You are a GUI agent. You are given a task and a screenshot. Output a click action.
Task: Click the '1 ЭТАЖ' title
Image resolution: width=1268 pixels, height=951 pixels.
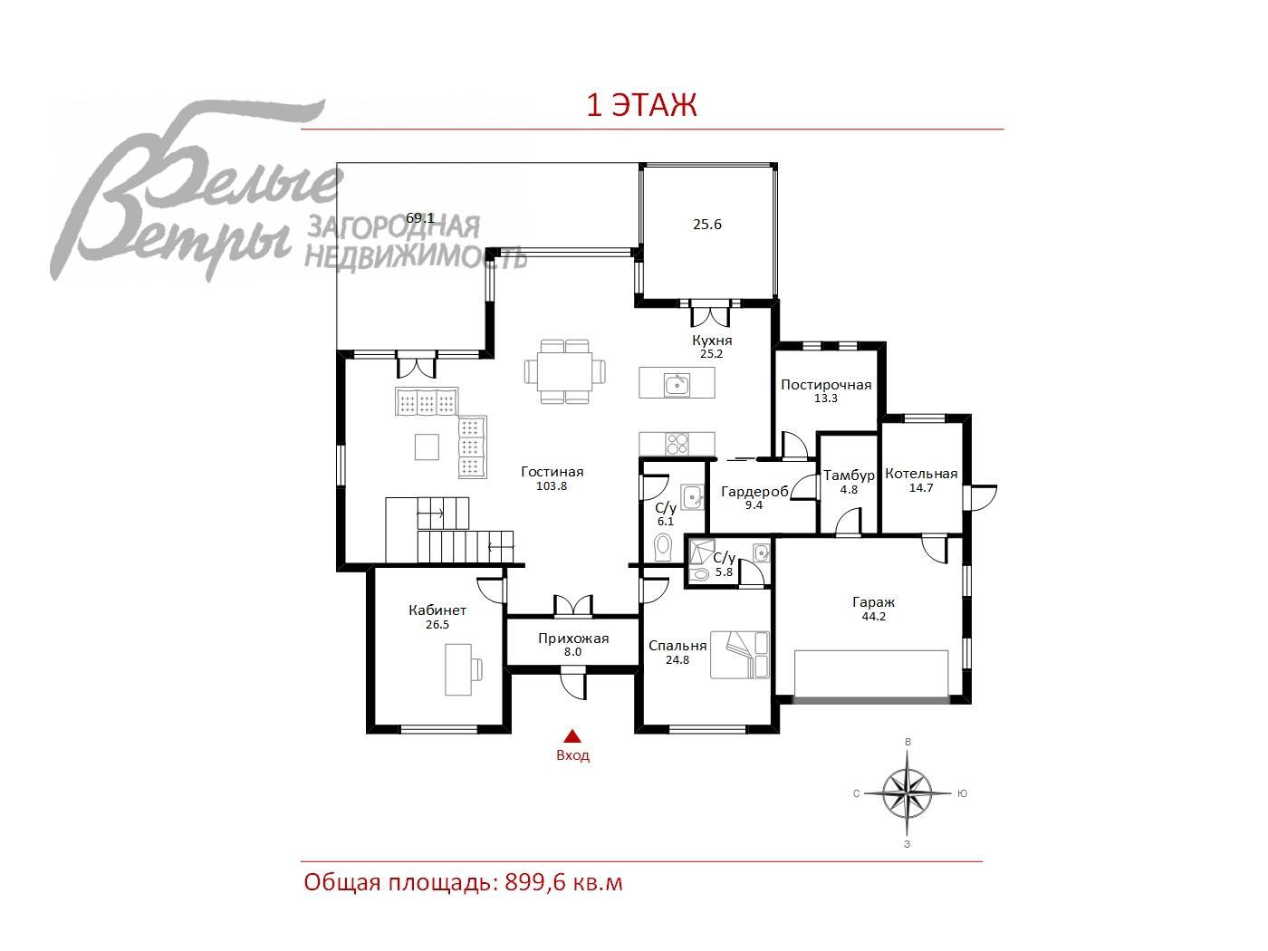641,105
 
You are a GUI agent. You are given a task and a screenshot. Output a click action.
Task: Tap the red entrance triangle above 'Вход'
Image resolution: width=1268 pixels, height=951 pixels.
572,735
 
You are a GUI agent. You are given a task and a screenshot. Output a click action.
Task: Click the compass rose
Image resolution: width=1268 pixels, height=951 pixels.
908,793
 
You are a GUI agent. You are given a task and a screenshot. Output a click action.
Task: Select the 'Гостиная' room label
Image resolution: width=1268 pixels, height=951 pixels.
552,472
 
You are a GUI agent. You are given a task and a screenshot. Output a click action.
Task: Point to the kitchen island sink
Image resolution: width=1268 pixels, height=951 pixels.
677,384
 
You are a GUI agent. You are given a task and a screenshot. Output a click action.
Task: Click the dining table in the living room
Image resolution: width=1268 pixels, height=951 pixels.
565,371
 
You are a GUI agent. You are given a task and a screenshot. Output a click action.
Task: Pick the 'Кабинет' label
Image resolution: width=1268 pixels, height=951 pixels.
437,610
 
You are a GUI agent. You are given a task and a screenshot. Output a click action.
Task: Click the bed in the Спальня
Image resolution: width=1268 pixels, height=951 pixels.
740,655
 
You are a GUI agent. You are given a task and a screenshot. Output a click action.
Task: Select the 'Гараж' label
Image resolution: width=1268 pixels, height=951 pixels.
873,602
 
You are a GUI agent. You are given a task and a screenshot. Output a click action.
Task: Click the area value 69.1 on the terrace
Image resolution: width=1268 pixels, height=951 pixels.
420,217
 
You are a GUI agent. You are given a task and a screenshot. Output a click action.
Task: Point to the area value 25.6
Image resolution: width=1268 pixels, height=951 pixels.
707,224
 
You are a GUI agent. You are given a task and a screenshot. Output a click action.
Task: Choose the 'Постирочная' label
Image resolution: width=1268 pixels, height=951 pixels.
826,385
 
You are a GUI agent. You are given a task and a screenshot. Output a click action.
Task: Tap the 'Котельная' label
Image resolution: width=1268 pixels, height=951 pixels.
921,474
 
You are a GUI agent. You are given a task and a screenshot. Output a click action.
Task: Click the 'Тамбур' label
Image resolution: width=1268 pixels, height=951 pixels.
849,475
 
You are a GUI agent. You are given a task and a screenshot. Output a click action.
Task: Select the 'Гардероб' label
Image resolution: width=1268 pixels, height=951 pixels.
754,492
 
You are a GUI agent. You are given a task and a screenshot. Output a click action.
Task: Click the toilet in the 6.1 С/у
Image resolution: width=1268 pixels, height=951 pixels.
664,546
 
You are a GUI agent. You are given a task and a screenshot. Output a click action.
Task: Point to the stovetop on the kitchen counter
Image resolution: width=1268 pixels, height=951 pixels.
677,444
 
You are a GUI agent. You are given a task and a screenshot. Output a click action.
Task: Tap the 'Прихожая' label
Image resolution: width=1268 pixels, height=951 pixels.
573,639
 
